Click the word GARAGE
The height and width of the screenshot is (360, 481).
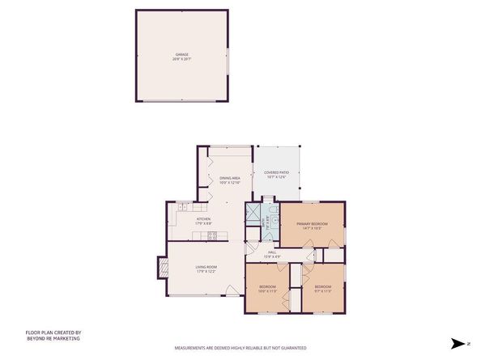click(x=182, y=54)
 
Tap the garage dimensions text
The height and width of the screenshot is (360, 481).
click(x=182, y=59)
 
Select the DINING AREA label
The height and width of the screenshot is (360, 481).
click(x=230, y=178)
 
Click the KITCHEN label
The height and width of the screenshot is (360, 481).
click(x=203, y=219)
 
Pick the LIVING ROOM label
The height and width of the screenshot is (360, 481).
click(x=206, y=267)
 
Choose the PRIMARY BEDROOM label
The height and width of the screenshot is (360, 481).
click(x=312, y=223)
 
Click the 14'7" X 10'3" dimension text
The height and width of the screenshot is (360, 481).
click(x=312, y=228)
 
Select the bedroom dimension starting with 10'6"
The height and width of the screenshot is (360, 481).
click(x=268, y=292)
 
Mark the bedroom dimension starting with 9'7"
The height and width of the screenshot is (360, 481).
click(x=323, y=292)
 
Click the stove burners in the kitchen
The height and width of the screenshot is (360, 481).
click(x=212, y=235)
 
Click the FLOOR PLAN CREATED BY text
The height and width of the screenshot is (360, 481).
click(x=53, y=332)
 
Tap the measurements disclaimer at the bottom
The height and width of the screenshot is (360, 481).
click(x=240, y=348)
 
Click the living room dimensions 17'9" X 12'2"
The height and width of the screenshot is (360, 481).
click(x=206, y=272)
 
